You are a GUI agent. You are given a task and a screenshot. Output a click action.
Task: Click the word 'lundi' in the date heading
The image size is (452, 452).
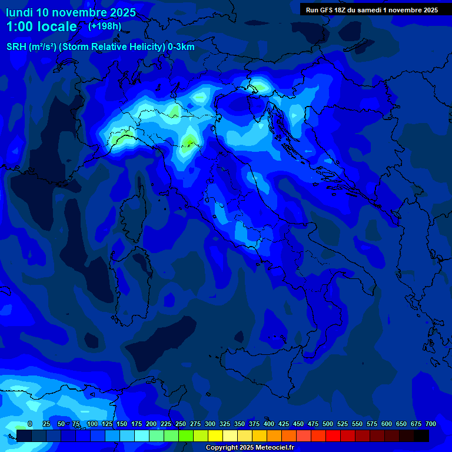coord(19,12)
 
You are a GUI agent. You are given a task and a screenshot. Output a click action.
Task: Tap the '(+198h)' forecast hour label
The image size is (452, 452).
coord(104,26)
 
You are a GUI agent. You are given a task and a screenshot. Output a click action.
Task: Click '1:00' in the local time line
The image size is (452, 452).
coord(19,26)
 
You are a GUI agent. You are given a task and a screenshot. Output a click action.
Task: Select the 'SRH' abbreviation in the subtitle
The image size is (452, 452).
coord(16,47)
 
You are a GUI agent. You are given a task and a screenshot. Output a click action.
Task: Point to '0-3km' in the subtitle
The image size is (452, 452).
coord(181,47)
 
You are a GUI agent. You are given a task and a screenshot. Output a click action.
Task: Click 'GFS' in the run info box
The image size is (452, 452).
coord(330,10)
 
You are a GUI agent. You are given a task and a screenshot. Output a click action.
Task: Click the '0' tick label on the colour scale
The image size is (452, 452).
coord(30,424)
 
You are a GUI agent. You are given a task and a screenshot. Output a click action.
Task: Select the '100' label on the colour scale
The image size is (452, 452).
coord(92,424)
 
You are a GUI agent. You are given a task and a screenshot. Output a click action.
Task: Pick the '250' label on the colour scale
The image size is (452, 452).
coord(181,424)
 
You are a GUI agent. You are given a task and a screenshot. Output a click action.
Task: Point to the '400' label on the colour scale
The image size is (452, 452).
coord(269,424)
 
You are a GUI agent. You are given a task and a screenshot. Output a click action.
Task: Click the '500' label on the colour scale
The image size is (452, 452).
coord(328,424)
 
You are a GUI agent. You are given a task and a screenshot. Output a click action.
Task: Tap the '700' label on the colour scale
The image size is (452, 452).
coord(431,424)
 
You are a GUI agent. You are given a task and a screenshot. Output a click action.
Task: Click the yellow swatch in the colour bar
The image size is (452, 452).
coord(215,436)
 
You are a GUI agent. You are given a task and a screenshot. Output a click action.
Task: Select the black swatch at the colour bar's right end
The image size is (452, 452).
coord(421,436)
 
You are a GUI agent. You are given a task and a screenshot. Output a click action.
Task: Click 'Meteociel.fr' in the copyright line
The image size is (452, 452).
coord(271,448)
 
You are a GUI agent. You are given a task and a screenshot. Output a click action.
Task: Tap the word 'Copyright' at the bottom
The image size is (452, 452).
coord(222,448)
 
